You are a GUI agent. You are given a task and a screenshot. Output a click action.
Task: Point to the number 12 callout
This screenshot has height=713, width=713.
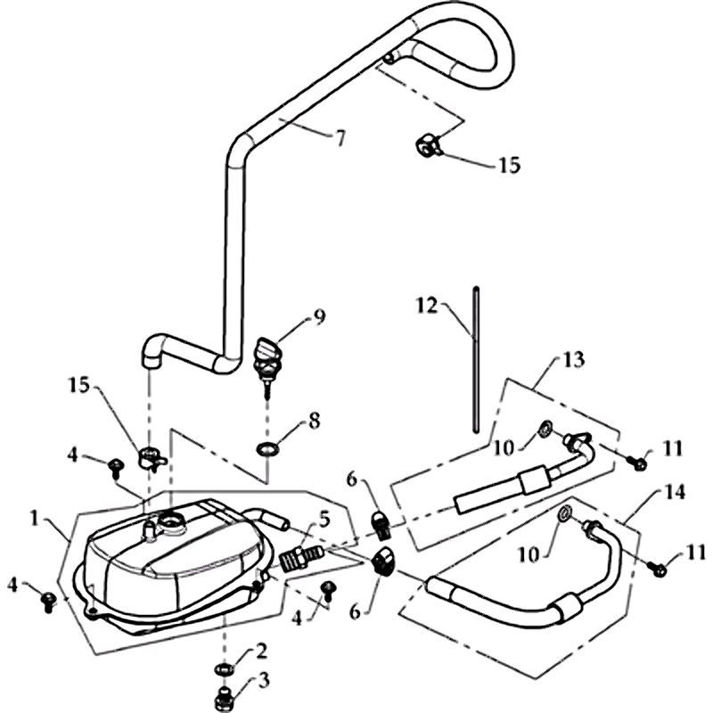click(x=426, y=306)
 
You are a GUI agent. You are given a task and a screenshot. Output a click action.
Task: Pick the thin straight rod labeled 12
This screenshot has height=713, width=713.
click(x=479, y=356)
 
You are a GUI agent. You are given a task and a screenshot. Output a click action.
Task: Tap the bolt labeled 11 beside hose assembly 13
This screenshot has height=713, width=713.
click(x=640, y=463)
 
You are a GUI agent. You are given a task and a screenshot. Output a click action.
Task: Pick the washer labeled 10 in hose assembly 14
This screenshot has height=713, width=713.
click(x=563, y=515)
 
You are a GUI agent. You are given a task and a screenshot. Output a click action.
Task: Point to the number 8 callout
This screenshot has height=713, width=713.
click(x=314, y=418)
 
